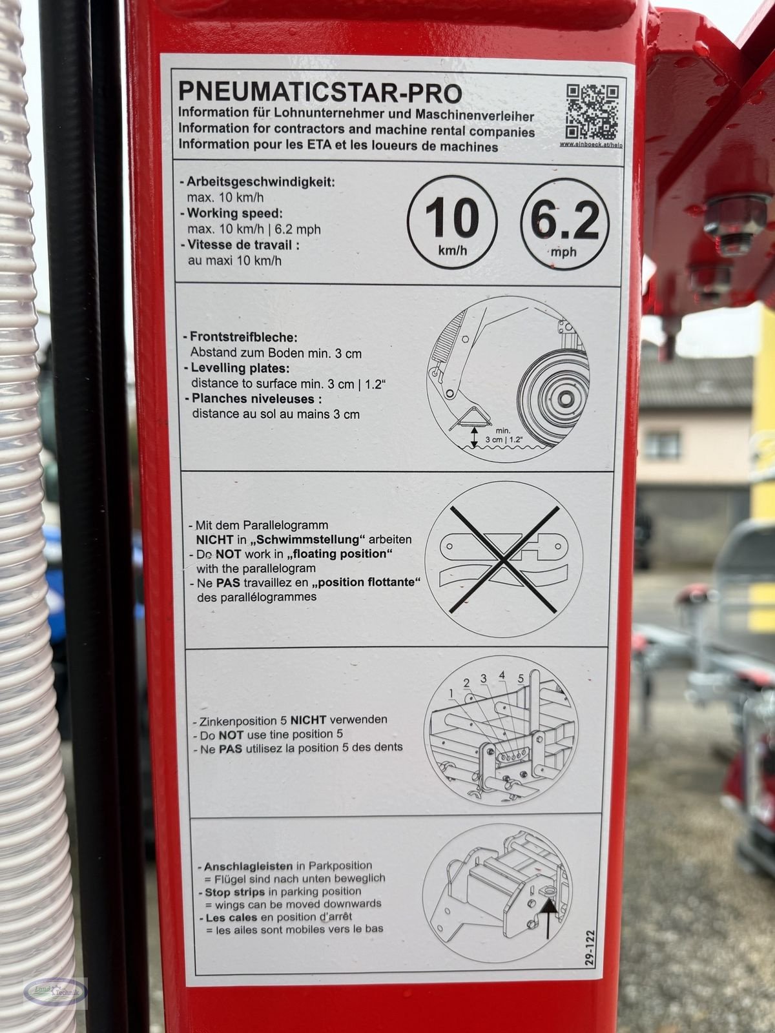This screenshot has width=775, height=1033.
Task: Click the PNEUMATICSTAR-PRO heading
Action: click(320, 92)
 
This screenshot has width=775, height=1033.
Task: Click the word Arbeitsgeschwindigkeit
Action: click(261, 182)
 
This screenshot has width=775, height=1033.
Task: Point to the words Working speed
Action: click(235, 213)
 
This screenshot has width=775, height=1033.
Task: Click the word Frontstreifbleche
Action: click(244, 337)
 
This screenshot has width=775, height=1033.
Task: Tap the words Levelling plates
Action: click(240, 368)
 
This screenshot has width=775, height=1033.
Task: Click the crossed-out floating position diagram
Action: click(504, 558)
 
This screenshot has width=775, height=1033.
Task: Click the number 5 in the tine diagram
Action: click(521, 679)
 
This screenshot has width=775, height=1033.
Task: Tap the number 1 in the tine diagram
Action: click(451, 693)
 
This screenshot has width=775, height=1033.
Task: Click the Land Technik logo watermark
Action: click(54, 992)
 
